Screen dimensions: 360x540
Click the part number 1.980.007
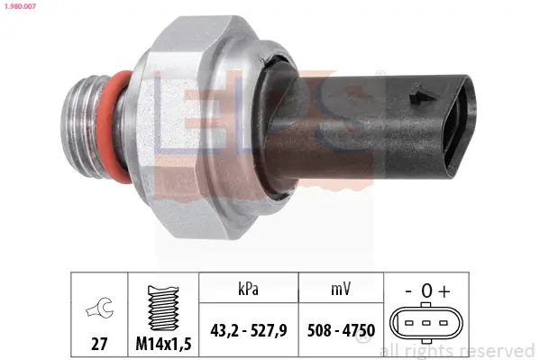coord(21,7)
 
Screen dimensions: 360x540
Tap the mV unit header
coord(341,289)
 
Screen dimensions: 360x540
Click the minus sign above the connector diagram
coord(408,291)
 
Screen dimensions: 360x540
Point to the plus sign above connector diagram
coord(444,291)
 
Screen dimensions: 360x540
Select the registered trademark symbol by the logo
coord(380,73)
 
